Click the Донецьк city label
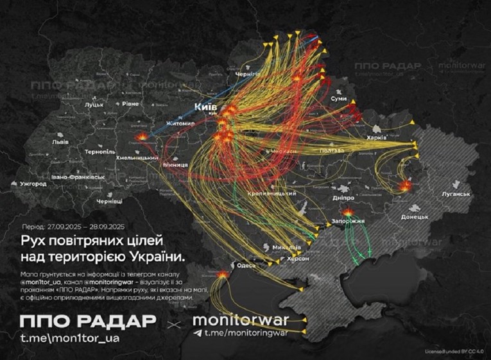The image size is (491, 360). click(415, 217)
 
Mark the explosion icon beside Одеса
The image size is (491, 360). click(223, 274)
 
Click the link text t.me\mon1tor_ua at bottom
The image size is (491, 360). click(71, 336)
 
